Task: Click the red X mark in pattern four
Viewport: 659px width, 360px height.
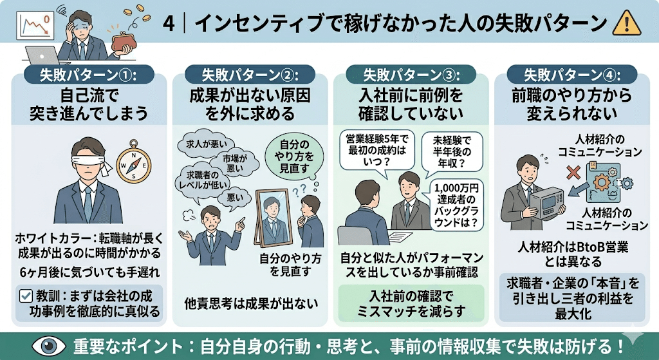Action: click(552, 172)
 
